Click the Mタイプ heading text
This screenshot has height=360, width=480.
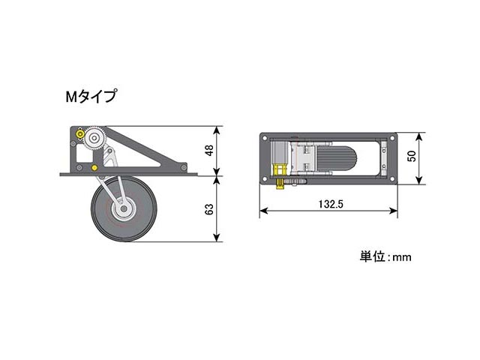91,97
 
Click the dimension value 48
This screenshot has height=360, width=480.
209,151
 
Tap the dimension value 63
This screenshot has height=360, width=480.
209,209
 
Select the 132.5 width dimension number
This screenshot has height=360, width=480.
331,204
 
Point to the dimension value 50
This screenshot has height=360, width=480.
412,156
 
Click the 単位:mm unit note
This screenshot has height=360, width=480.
385,256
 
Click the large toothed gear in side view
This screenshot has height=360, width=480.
94,138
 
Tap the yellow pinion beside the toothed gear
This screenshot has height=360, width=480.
80,134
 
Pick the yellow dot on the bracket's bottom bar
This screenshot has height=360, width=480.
94,168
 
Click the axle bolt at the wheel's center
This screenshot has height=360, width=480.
124,208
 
